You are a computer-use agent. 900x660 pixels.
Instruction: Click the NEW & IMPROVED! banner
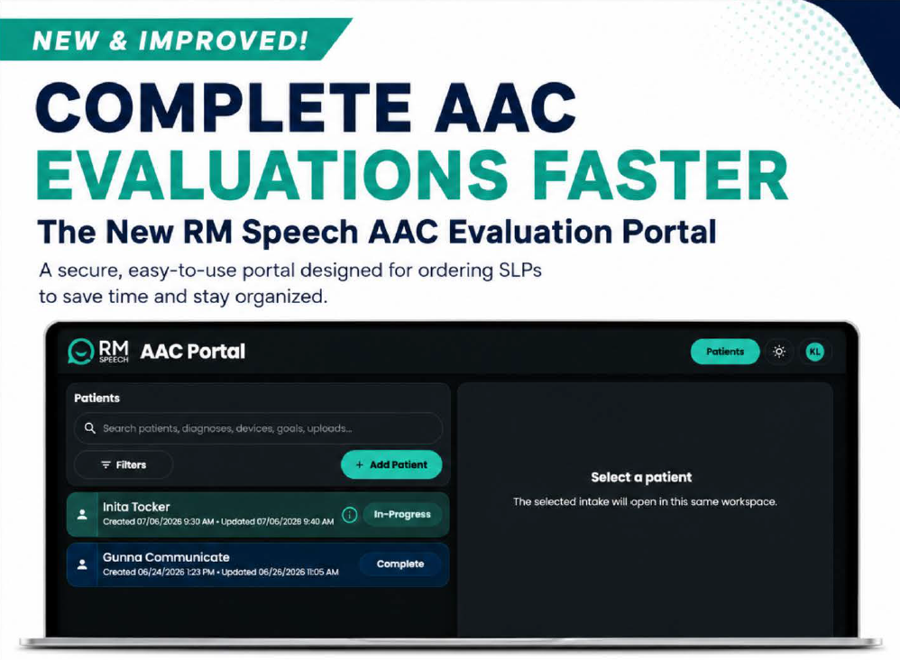click(x=172, y=40)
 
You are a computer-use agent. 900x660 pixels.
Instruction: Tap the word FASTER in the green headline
click(x=660, y=175)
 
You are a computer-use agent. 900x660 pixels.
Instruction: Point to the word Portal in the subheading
click(x=669, y=232)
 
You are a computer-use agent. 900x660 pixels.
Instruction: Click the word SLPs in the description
click(x=516, y=270)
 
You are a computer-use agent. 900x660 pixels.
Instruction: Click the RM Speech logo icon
click(x=81, y=352)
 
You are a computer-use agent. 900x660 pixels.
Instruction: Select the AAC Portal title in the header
click(x=193, y=352)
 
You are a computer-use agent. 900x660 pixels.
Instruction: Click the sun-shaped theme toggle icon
click(x=779, y=352)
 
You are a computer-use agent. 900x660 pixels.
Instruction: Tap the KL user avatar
click(x=814, y=352)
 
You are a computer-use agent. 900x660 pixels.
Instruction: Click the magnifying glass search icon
click(x=89, y=428)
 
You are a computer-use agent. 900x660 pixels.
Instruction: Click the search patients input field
click(x=258, y=428)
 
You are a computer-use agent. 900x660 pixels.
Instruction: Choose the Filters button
click(x=124, y=465)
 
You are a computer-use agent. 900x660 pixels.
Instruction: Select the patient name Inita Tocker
click(x=136, y=507)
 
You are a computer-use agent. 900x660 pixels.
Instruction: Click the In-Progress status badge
click(x=402, y=514)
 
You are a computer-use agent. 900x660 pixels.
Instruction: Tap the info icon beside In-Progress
click(x=350, y=515)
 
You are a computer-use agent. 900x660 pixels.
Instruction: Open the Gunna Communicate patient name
click(x=166, y=556)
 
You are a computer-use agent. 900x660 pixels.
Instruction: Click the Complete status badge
click(x=400, y=564)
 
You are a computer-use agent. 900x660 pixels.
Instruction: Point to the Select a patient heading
click(x=641, y=477)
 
